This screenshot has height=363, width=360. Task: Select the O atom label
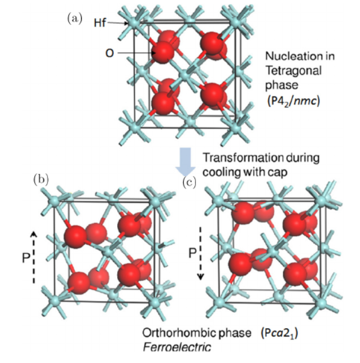click(109, 53)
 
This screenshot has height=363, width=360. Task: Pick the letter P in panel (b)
click(23, 258)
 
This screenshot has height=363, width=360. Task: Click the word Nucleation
click(289, 57)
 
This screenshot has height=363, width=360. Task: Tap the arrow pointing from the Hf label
click(117, 23)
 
